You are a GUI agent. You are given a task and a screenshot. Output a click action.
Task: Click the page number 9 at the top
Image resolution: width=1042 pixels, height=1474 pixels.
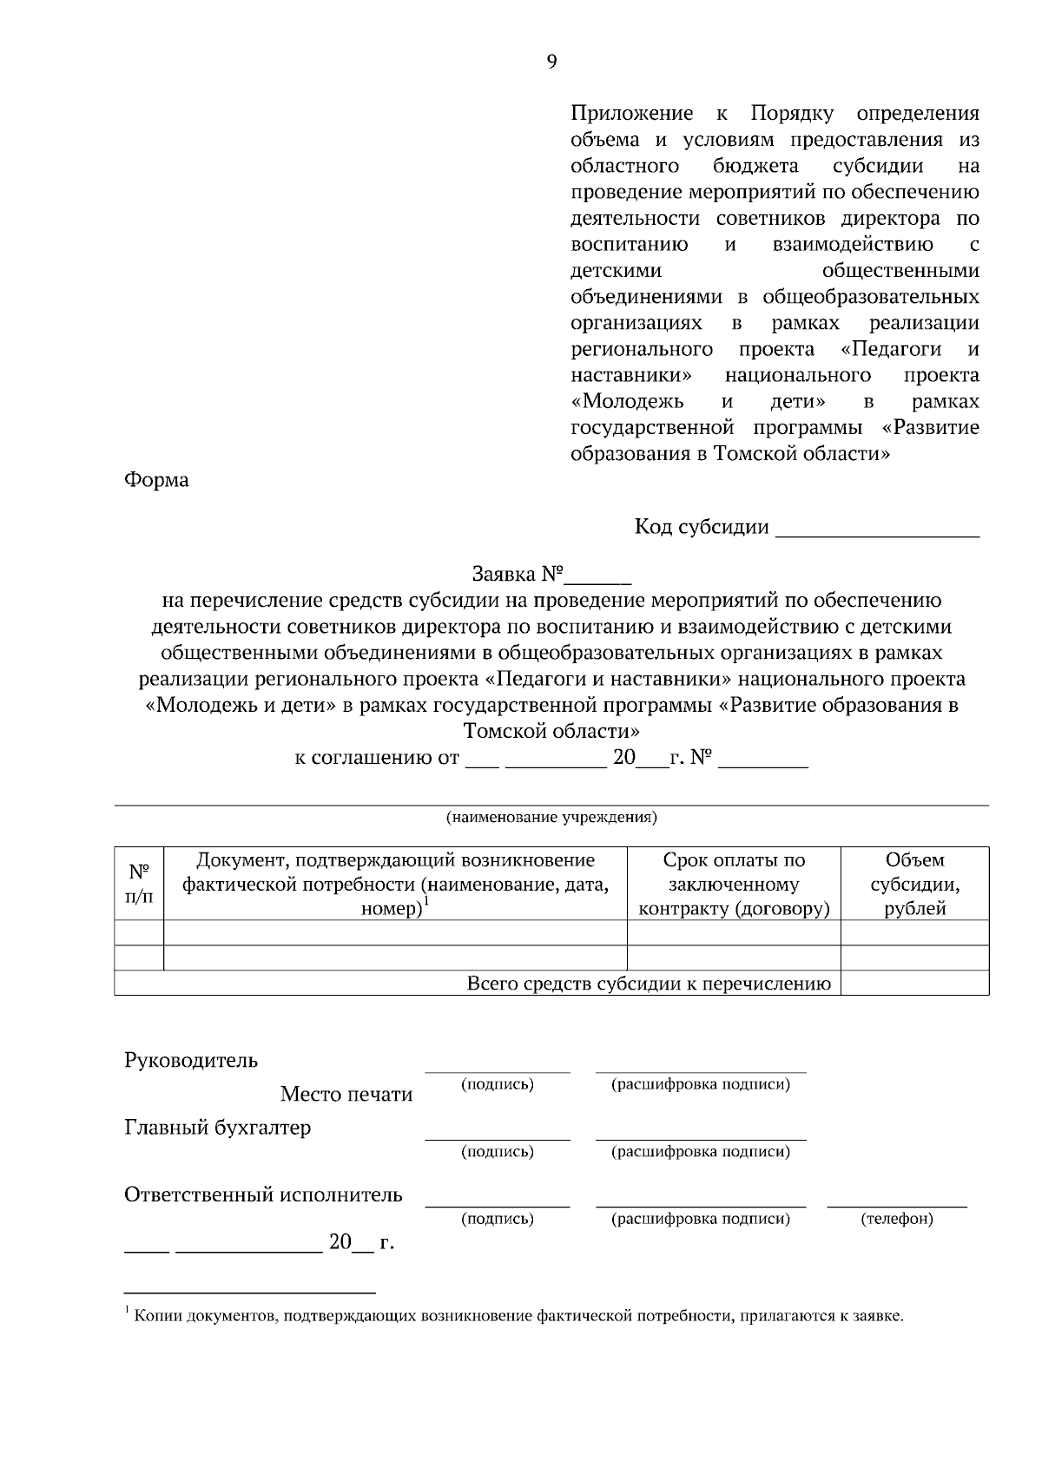(x=551, y=61)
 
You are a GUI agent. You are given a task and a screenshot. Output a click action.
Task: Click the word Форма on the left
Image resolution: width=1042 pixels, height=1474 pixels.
(x=156, y=480)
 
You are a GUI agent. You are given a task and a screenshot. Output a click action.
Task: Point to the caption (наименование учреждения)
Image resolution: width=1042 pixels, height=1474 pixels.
(x=551, y=817)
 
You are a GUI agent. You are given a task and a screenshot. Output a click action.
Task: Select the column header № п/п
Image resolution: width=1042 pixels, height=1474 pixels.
(x=139, y=884)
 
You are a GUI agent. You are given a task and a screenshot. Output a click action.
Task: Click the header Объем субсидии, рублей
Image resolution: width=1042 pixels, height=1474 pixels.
(x=914, y=884)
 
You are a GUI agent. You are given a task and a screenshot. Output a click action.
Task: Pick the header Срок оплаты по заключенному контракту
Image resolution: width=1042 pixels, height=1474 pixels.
(x=734, y=884)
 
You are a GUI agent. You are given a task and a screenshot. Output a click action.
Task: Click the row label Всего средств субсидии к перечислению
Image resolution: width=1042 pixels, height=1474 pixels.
(x=649, y=984)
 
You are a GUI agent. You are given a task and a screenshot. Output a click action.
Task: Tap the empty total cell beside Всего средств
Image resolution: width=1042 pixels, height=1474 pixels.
(x=914, y=984)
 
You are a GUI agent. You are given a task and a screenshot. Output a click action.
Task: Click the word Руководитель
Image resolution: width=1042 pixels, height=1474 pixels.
(x=191, y=1060)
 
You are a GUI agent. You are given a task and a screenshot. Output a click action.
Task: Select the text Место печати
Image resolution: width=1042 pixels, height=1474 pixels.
(x=346, y=1095)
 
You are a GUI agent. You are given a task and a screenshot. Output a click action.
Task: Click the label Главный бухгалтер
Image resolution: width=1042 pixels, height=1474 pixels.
(x=217, y=1128)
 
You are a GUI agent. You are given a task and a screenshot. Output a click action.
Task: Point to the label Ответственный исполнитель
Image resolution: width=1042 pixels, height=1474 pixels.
(x=263, y=1194)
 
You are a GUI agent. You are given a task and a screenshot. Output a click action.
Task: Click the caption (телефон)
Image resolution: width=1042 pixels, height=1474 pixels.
(x=897, y=1219)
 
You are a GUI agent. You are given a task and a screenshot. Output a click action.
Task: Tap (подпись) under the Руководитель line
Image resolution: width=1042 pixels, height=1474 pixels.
(x=497, y=1084)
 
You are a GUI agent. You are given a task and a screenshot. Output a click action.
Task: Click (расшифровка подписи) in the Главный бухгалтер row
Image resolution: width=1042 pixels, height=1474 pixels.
(x=701, y=1152)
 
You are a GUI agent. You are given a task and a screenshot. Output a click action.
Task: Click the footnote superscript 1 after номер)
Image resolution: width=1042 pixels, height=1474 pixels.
(x=426, y=903)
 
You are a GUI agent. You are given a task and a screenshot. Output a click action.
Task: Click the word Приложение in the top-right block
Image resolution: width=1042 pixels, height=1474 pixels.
(x=631, y=114)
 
